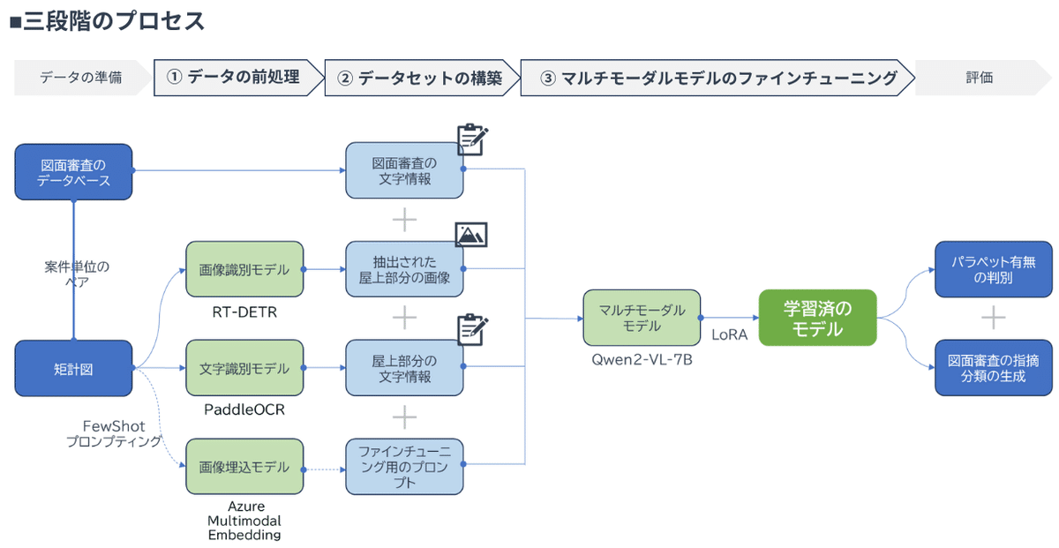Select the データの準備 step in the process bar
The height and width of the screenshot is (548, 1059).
tap(80, 78)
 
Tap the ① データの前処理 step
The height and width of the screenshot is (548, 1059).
tap(234, 78)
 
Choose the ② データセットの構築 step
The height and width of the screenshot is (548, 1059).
tap(419, 78)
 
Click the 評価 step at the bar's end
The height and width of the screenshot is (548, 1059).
tap(980, 78)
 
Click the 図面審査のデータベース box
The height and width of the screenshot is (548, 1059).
tap(74, 172)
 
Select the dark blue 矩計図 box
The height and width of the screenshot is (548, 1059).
tap(74, 369)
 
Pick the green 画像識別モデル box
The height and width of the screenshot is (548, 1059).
tap(244, 270)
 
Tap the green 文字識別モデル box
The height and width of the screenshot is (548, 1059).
tap(244, 369)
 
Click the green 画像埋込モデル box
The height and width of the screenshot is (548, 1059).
tap(244, 467)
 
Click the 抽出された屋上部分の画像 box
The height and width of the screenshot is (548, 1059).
tap(405, 270)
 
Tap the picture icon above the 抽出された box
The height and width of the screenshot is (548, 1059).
tap(471, 235)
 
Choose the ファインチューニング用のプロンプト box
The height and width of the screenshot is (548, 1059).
tap(405, 467)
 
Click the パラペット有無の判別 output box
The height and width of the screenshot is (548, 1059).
tap(994, 270)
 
